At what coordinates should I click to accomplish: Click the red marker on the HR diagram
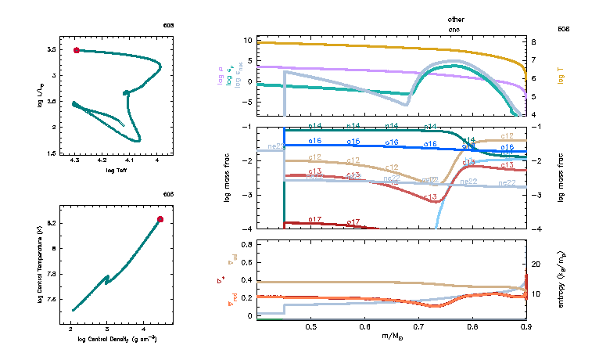click(x=76, y=50)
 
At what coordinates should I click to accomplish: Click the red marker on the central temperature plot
click(x=160, y=219)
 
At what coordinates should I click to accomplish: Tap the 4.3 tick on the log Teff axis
click(x=74, y=160)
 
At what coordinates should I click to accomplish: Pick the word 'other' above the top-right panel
click(x=455, y=18)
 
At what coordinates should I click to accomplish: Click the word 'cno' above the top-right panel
click(x=455, y=27)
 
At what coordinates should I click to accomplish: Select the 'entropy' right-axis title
click(x=561, y=279)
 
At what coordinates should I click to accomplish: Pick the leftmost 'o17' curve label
click(x=316, y=220)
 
